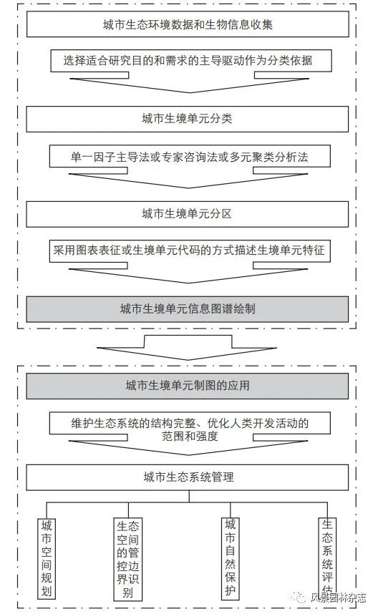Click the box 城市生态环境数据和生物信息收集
click(188, 24)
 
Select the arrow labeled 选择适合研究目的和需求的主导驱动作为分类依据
click(191, 71)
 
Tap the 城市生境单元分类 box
click(188, 119)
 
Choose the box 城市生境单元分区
click(188, 214)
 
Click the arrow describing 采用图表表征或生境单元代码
click(190, 261)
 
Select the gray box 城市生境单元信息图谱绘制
click(188, 309)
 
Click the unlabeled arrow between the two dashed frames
click(188, 348)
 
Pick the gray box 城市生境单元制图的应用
click(188, 386)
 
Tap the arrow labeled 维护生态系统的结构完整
click(190, 434)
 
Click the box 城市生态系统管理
click(188, 477)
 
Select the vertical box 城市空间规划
click(47, 558)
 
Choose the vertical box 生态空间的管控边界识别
click(128, 559)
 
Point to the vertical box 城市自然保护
click(231, 557)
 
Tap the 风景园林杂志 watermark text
click(339, 598)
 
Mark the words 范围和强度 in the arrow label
click(190, 437)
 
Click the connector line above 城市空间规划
click(47, 510)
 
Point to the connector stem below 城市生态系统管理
click(189, 496)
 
